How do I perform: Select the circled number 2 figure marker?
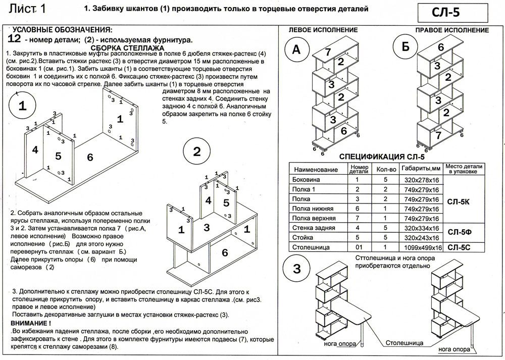click(x=197, y=151)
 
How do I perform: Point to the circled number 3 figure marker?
click(x=299, y=268)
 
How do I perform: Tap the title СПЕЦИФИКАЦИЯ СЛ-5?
click(x=385, y=157)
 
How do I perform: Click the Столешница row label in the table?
click(x=312, y=247)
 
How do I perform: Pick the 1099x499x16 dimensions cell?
click(x=421, y=248)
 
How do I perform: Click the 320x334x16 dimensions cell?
click(x=420, y=228)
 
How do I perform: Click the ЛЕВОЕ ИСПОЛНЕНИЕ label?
click(x=323, y=30)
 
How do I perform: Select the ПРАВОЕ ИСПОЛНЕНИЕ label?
click(x=452, y=30)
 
